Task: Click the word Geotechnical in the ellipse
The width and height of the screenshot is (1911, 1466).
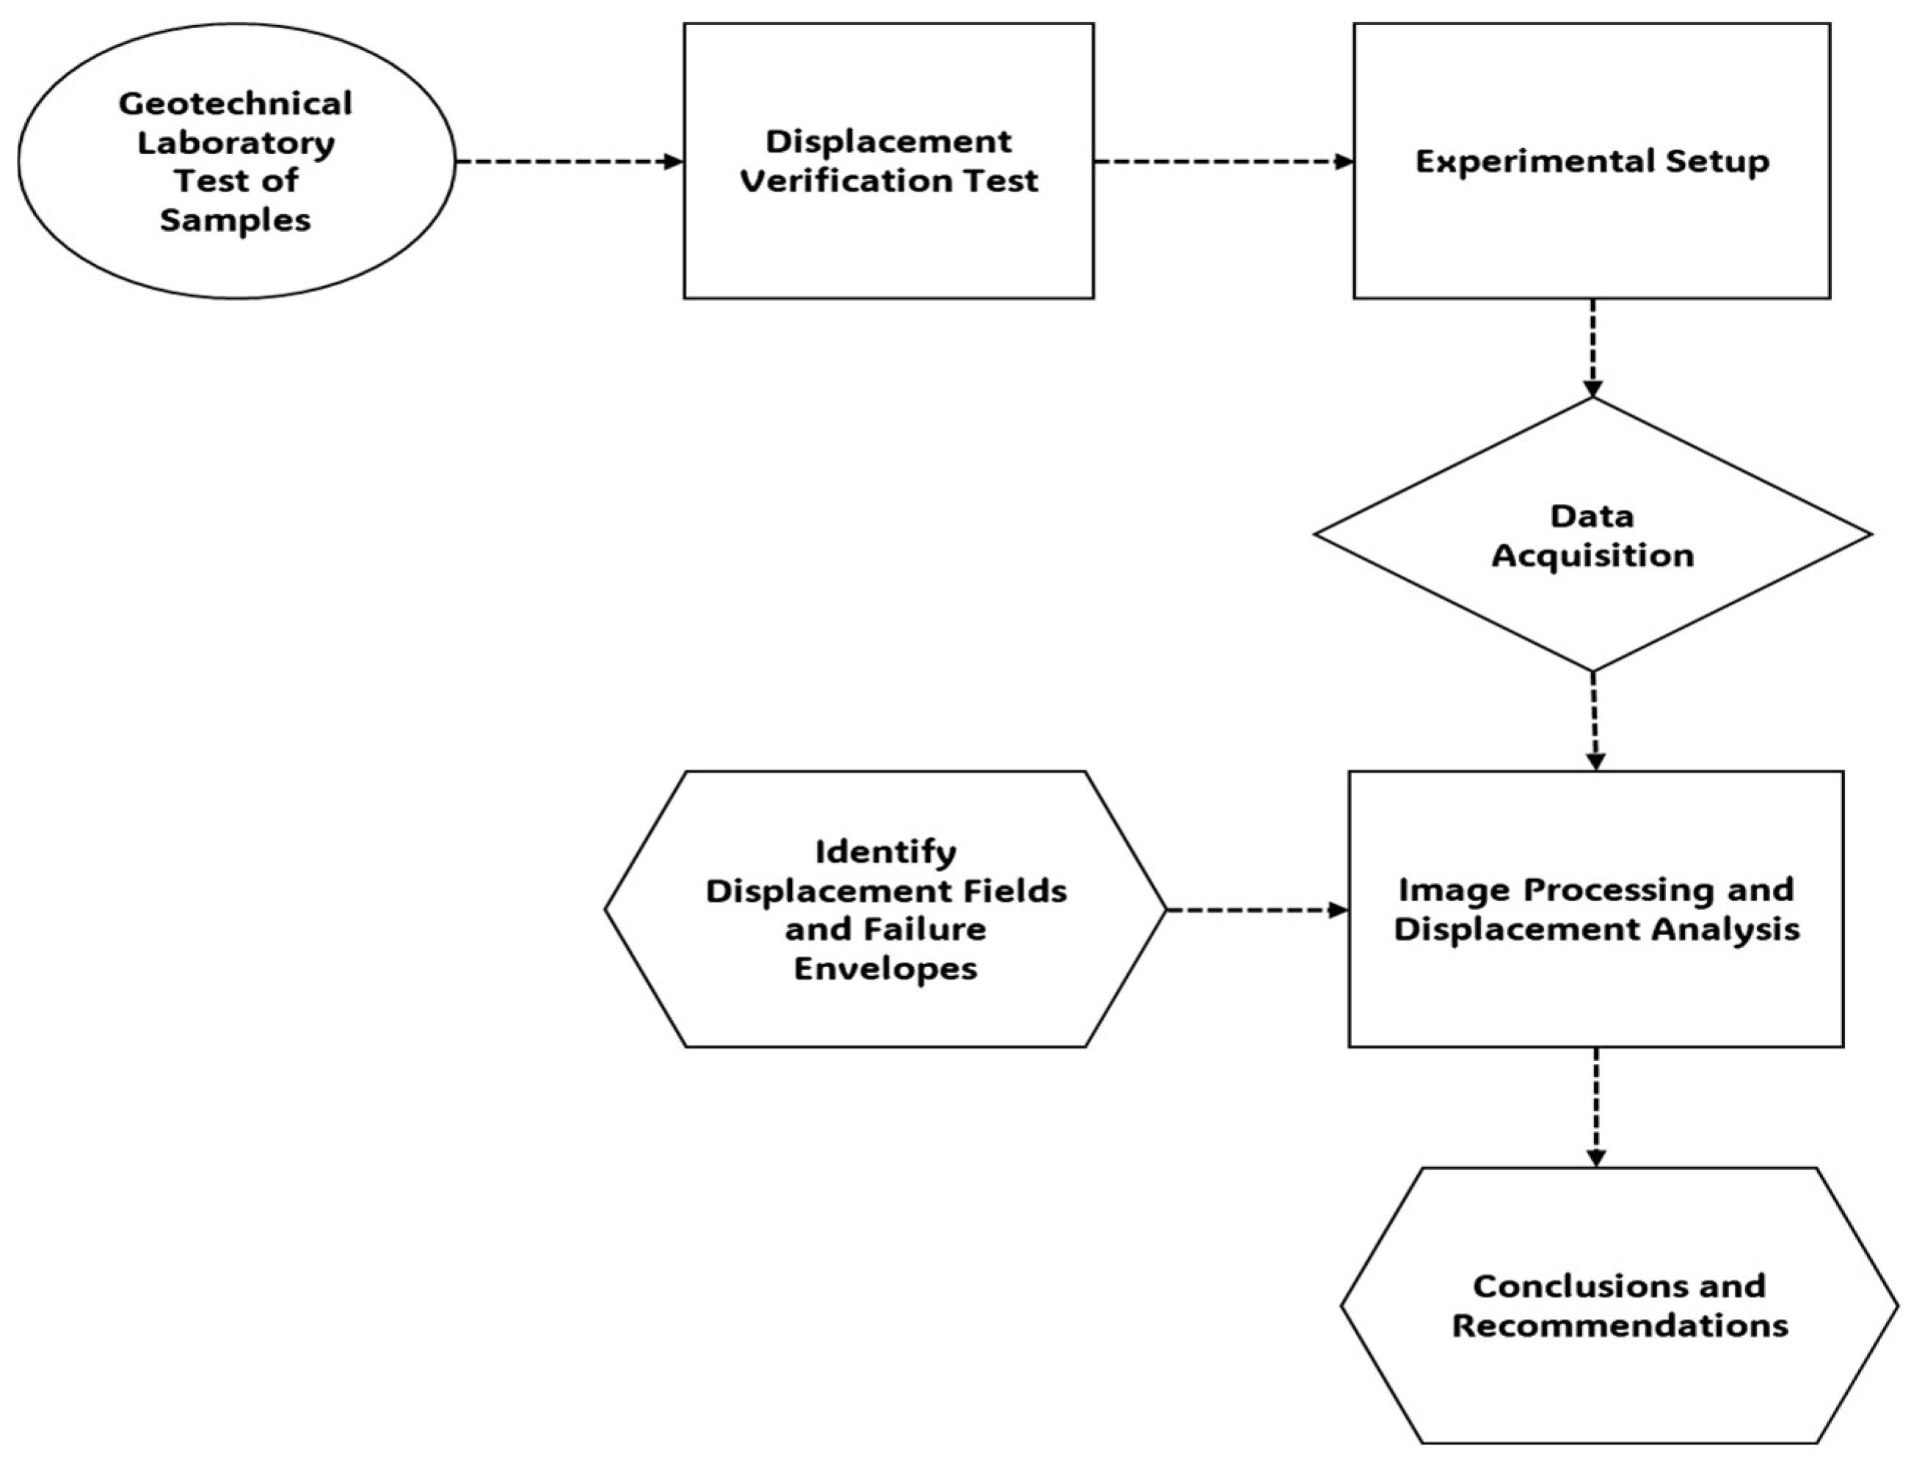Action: coord(236,104)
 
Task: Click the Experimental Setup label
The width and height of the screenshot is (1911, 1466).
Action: coord(1592,161)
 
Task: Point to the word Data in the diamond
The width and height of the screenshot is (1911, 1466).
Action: coord(1592,516)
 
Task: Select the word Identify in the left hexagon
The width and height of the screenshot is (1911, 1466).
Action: coord(885,851)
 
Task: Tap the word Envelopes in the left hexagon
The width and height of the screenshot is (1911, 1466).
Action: coord(885,969)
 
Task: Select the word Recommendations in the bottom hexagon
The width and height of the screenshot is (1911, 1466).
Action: coord(1620,1326)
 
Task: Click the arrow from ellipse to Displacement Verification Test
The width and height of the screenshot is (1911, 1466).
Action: coord(567,161)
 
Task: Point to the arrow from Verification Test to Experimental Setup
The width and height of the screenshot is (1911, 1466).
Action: coord(1222,161)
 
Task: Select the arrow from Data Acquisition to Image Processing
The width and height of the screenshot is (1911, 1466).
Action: coord(1594,720)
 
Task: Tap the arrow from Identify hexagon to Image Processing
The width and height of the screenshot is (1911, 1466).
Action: coord(1256,910)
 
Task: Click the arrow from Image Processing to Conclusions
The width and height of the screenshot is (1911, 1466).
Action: coord(1596,1106)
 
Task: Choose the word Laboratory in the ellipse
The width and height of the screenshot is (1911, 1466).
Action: coord(236,142)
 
